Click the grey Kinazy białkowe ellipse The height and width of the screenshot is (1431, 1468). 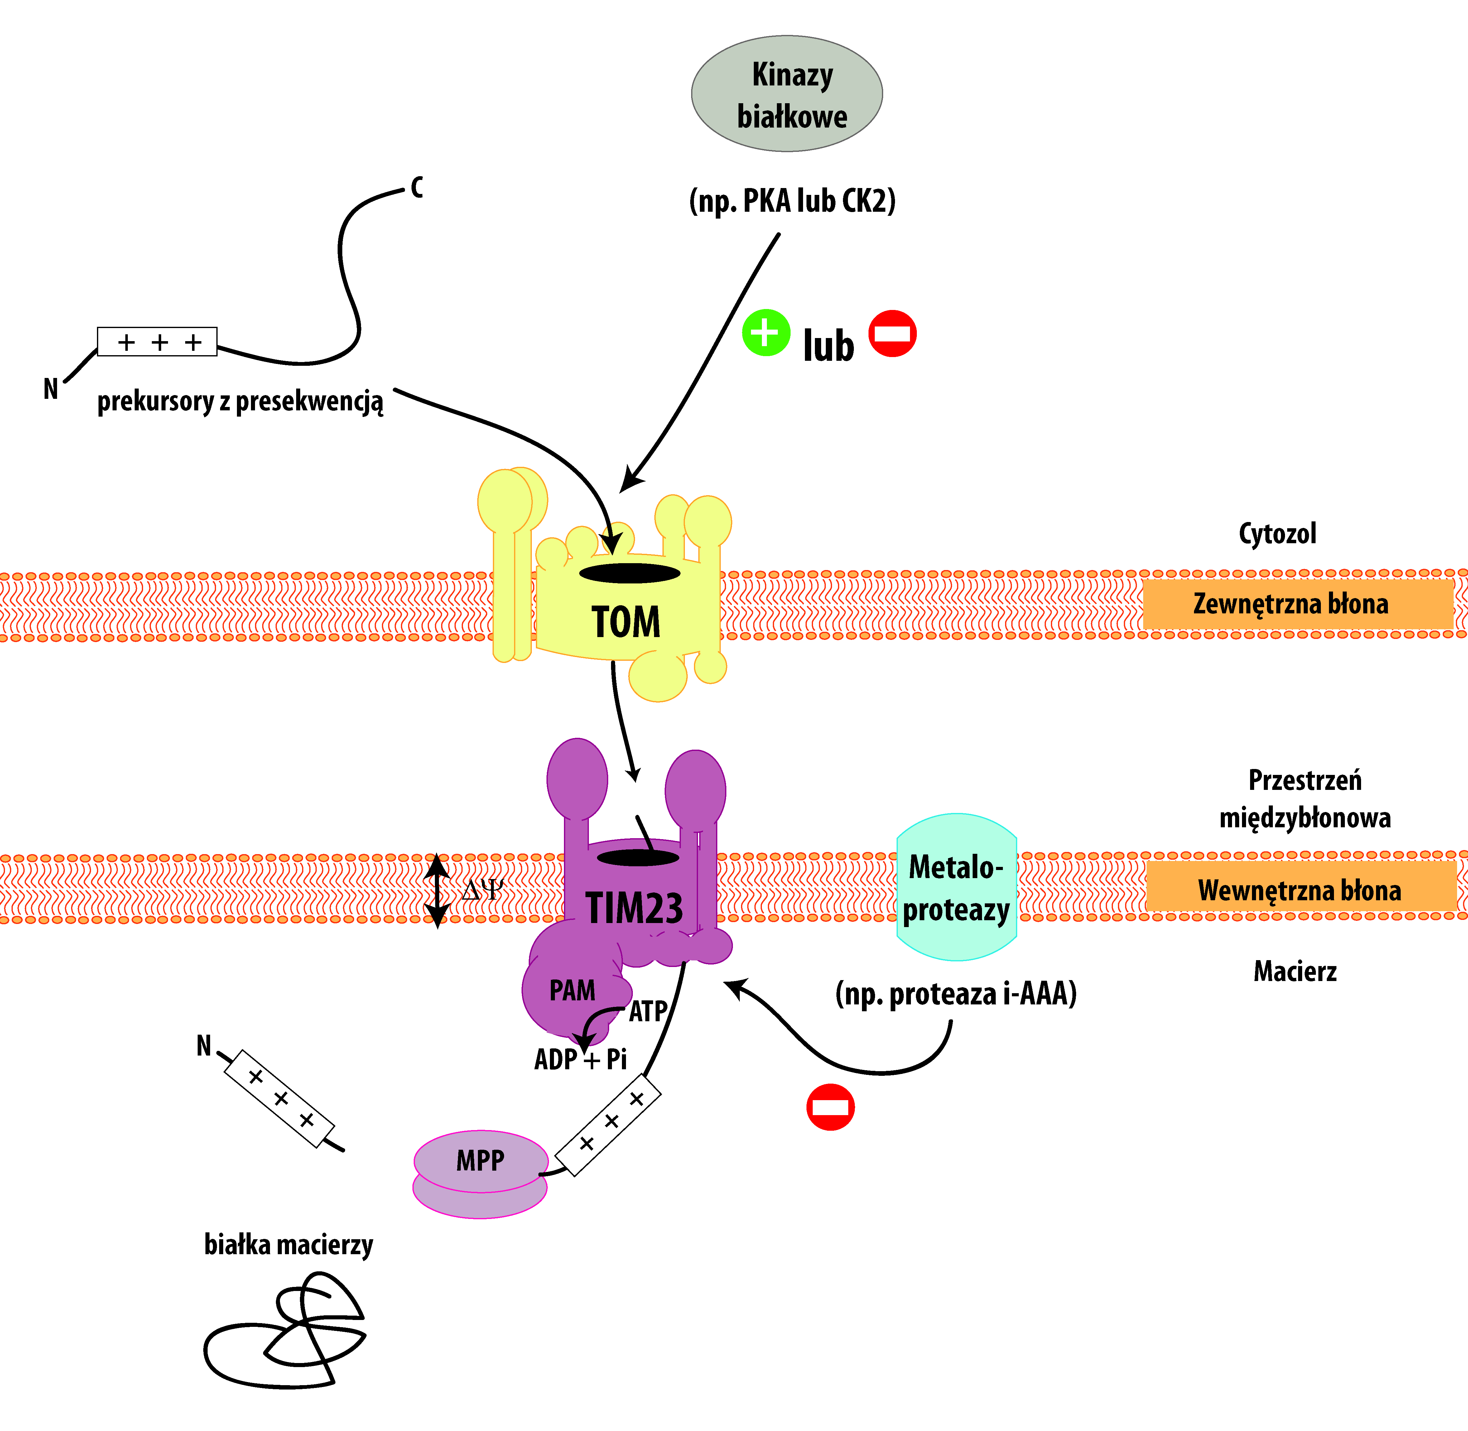pos(787,94)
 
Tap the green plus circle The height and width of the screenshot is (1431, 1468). pos(766,332)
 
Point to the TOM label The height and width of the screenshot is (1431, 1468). pos(626,622)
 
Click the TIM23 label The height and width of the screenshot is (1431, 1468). pos(634,908)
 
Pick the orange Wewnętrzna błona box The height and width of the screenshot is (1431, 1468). pos(1300,890)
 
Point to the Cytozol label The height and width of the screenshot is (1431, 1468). pos(1277,534)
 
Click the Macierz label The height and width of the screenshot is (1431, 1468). pos(1295,971)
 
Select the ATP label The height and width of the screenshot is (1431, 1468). pos(647,1012)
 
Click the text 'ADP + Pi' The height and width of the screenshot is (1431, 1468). pos(580,1060)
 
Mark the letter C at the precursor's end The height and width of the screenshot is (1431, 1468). pos(417,187)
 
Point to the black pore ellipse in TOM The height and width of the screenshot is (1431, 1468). pos(630,573)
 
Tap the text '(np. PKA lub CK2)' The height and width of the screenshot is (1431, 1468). pos(792,201)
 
